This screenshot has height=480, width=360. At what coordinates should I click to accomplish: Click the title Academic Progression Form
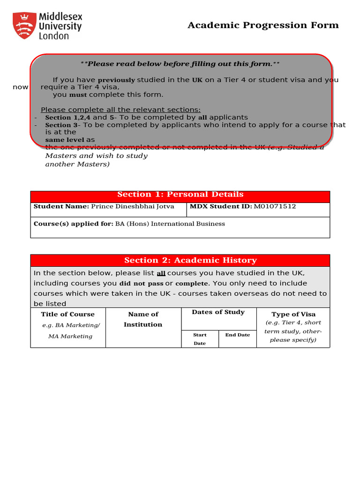[263, 25]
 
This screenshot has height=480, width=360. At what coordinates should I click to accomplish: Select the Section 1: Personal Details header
[180, 195]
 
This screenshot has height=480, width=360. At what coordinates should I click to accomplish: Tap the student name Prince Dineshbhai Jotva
[132, 206]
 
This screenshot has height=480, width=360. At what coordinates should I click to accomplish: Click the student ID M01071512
[275, 206]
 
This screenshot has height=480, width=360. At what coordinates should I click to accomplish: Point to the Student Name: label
[61, 206]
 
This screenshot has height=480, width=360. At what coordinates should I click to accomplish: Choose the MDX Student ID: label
[220, 206]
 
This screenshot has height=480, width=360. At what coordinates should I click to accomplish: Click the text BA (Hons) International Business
[170, 224]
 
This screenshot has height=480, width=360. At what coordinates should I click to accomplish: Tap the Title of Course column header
[68, 314]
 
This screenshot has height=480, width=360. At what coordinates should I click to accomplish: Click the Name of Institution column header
[143, 319]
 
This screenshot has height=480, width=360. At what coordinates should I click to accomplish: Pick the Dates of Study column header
[218, 312]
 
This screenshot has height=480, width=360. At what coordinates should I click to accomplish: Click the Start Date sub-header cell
[200, 339]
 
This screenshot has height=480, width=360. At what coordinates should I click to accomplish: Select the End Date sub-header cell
[237, 335]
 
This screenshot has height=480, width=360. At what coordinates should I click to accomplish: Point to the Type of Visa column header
[293, 314]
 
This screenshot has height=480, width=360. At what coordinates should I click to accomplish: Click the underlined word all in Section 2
[161, 273]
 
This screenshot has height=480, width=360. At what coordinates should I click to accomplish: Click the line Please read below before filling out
[180, 64]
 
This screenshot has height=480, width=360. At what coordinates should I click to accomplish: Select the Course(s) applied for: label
[73, 224]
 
